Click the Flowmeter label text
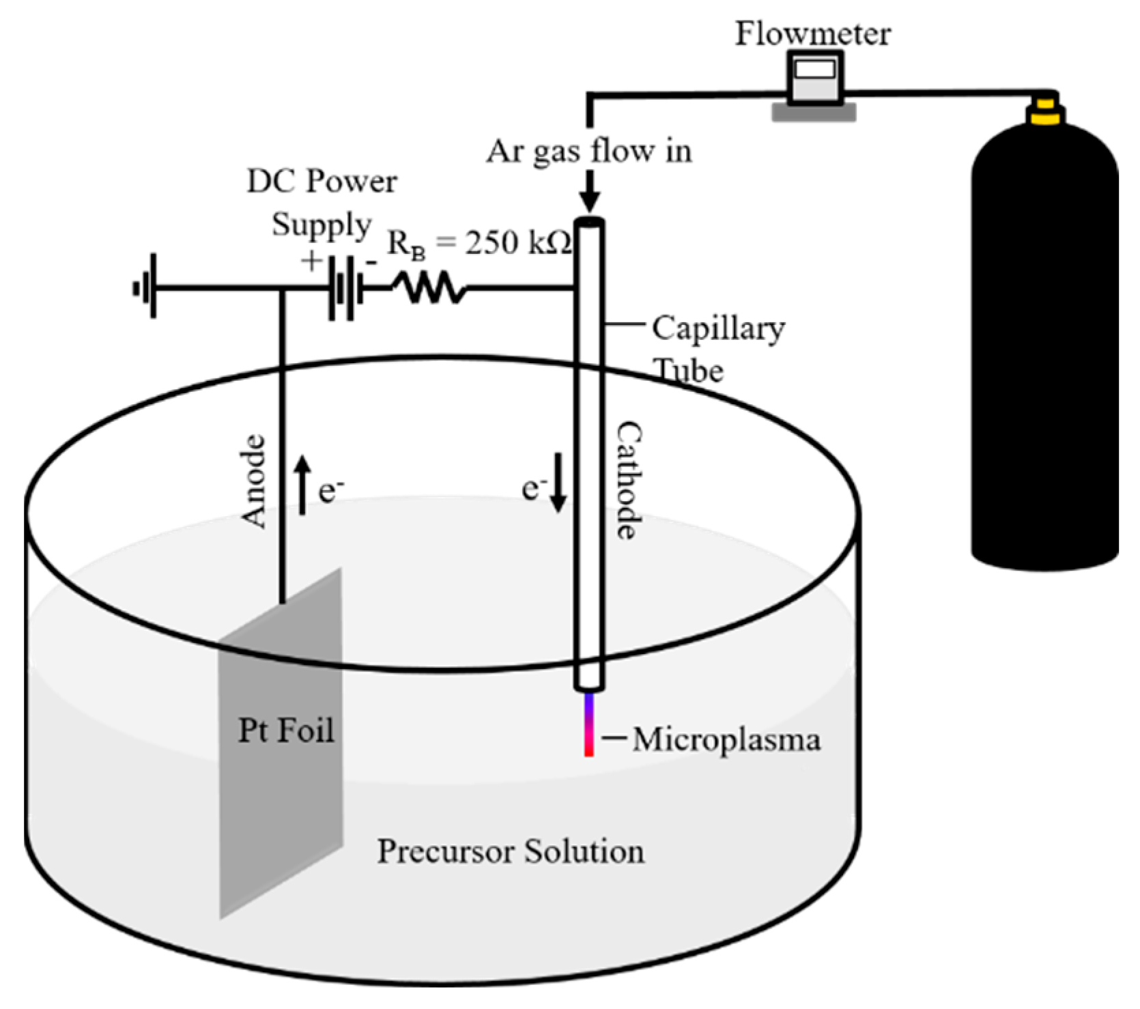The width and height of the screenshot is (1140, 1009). [x=812, y=34]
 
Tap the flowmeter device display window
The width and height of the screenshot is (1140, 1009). [x=814, y=69]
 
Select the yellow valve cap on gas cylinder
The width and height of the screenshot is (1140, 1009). [x=1044, y=112]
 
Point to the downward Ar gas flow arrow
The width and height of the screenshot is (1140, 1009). [x=590, y=191]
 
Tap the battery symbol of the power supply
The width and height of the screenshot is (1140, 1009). [x=344, y=287]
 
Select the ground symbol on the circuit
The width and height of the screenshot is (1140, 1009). [x=146, y=287]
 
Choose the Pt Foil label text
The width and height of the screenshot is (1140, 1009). [x=286, y=730]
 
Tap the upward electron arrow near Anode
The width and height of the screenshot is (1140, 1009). [x=303, y=486]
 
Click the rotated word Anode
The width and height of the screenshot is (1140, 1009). [x=254, y=481]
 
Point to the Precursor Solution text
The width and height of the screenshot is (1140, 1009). [x=511, y=851]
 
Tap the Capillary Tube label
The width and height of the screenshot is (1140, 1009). [x=717, y=348]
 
